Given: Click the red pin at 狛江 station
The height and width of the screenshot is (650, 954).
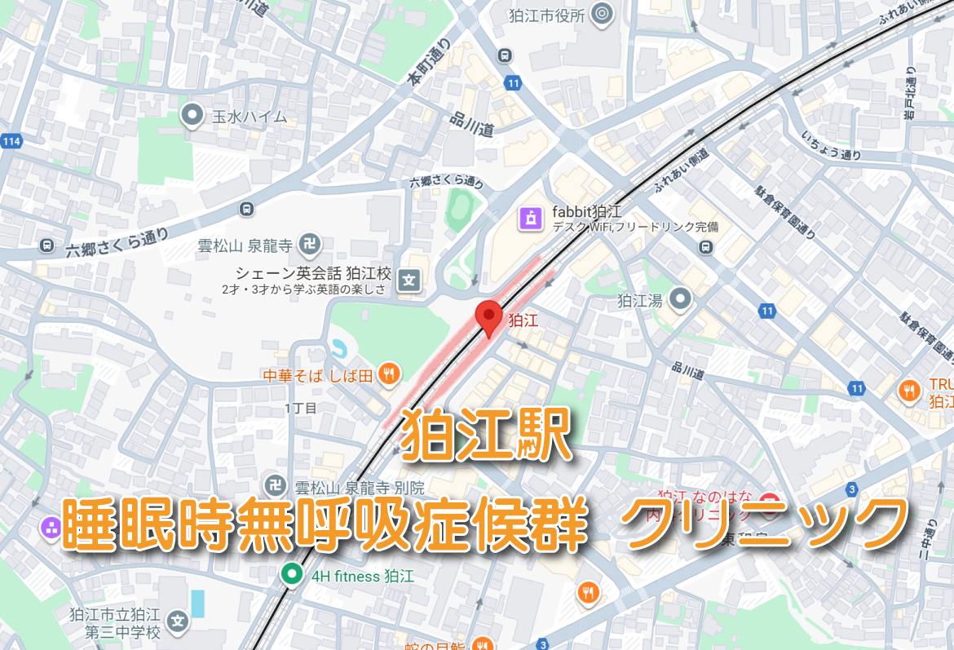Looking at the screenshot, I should pyautogui.click(x=488, y=316).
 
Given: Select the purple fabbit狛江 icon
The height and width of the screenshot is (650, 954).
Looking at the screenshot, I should pyautogui.click(x=531, y=218).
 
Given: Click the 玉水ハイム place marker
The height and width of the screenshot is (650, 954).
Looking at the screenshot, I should pyautogui.click(x=193, y=116).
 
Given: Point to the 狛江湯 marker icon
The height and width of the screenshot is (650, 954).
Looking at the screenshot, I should pyautogui.click(x=679, y=300).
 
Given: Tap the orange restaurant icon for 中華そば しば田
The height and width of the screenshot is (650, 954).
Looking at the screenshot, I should pyautogui.click(x=389, y=374).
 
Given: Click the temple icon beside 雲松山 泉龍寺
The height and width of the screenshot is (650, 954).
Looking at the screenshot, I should pyautogui.click(x=311, y=244).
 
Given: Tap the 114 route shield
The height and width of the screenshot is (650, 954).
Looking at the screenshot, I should pyautogui.click(x=11, y=142).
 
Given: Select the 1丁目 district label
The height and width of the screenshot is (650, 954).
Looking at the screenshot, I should pyautogui.click(x=300, y=407).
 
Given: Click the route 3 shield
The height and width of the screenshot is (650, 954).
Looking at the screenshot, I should pyautogui.click(x=852, y=489).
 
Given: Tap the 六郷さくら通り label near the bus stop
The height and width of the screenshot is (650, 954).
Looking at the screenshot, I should pyautogui.click(x=117, y=242).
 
